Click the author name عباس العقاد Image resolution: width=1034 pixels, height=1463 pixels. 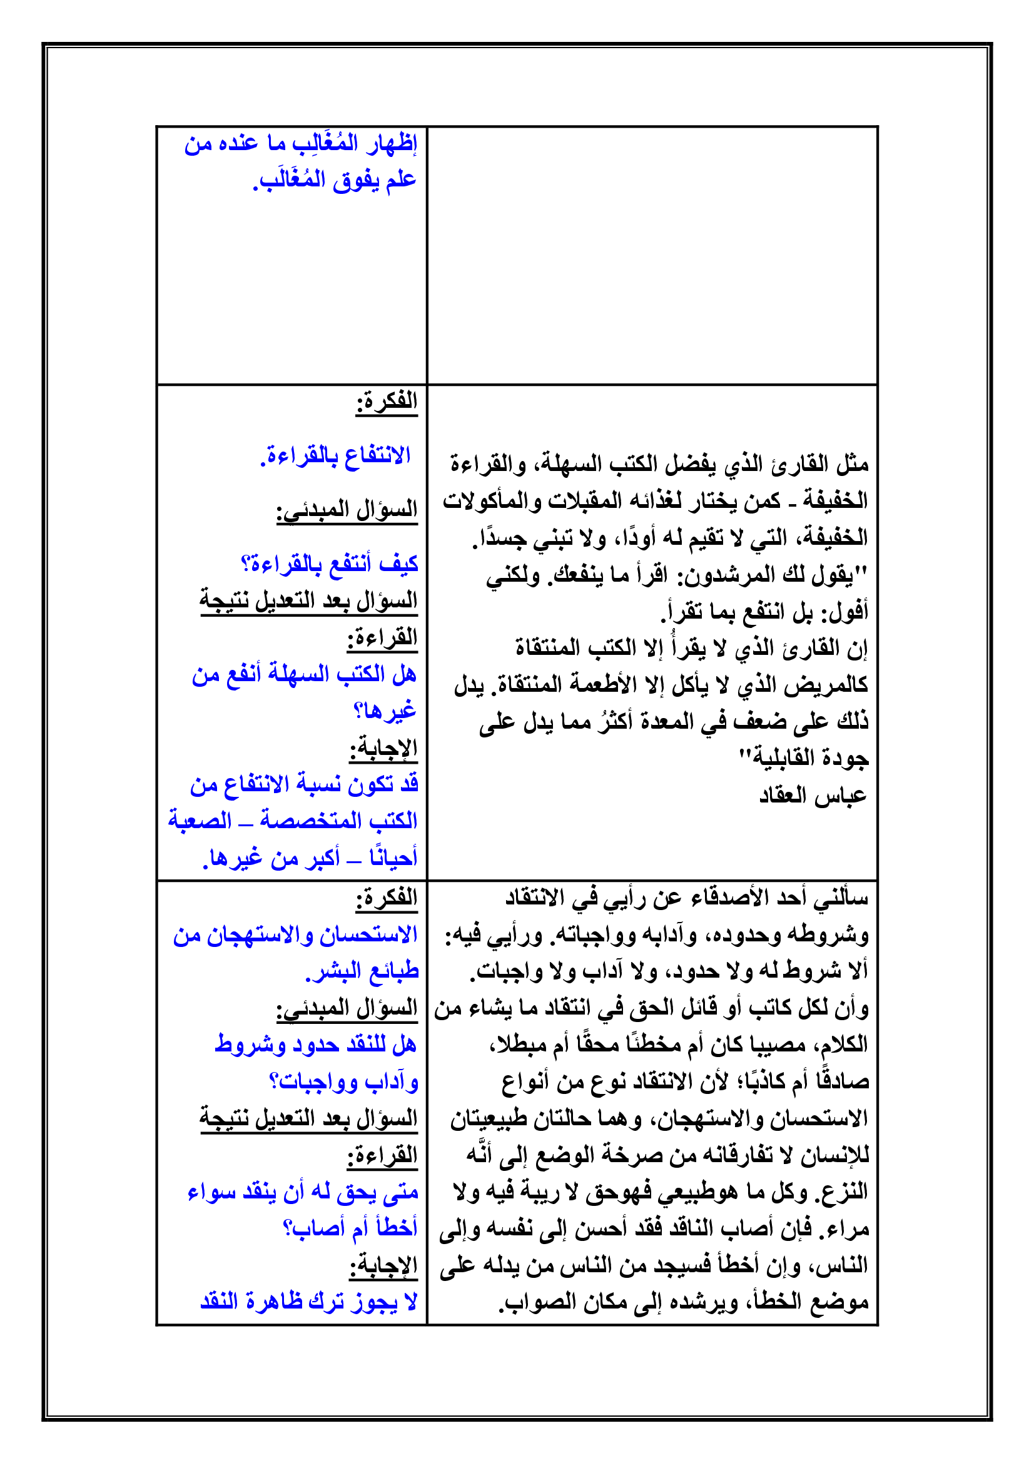tap(813, 796)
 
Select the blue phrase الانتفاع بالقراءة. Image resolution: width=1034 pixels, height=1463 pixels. tap(336, 456)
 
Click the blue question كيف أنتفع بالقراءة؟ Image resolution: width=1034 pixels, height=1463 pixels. tap(330, 564)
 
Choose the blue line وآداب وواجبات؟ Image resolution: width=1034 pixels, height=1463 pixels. tap(343, 1082)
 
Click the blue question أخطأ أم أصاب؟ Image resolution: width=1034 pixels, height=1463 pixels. tap(350, 1228)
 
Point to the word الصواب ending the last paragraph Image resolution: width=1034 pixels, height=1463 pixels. tap(529, 1302)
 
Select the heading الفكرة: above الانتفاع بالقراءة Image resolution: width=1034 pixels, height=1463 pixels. tap(386, 402)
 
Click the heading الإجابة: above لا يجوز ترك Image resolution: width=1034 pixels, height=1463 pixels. tap(383, 1265)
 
